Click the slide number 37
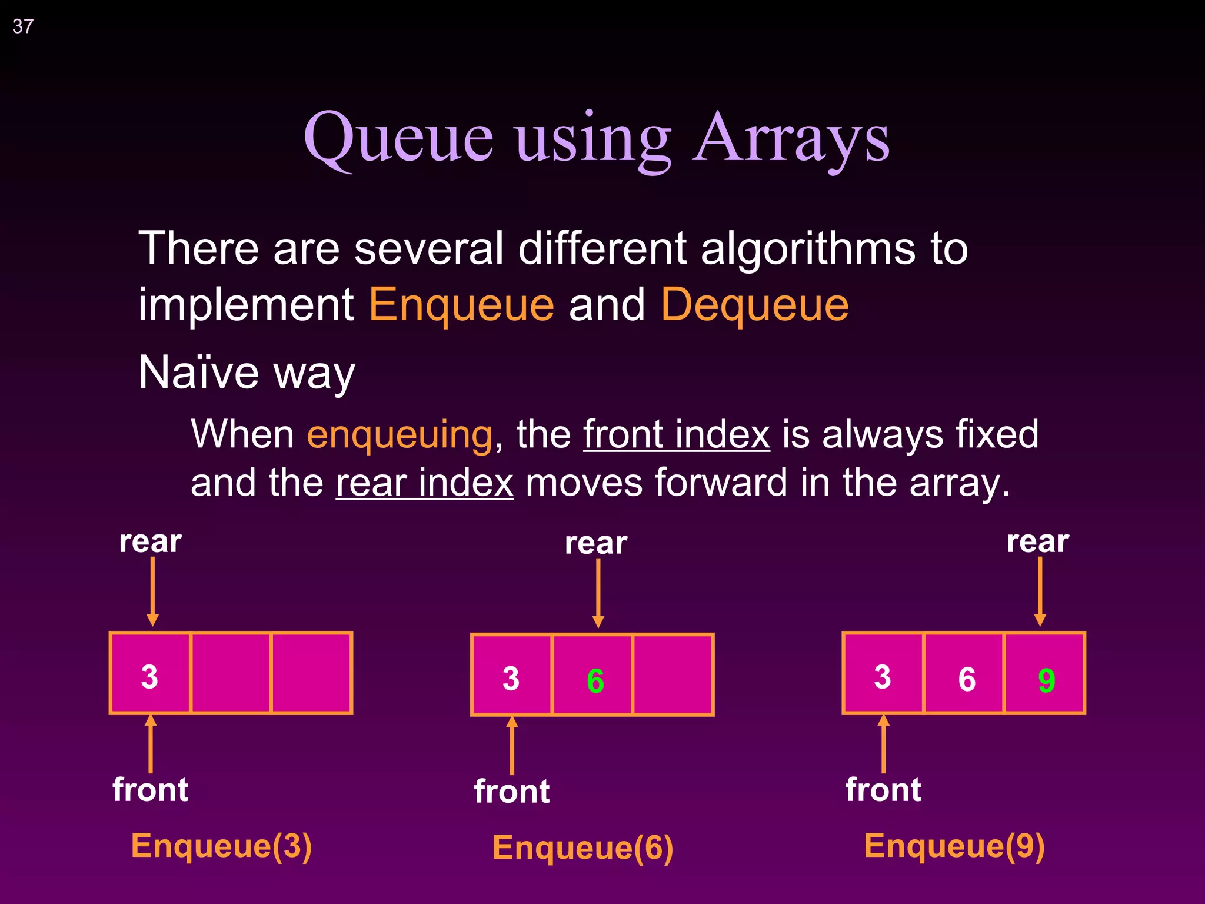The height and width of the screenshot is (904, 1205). pyautogui.click(x=23, y=26)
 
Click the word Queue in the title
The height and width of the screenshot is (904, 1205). pyautogui.click(x=398, y=139)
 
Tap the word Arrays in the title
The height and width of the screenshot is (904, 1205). pyautogui.click(x=791, y=139)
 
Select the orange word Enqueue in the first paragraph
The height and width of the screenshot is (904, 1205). pyautogui.click(x=461, y=305)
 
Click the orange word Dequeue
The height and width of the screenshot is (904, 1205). pyautogui.click(x=755, y=305)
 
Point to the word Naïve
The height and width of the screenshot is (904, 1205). pyautogui.click(x=198, y=373)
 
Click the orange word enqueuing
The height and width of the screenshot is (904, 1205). pyautogui.click(x=400, y=434)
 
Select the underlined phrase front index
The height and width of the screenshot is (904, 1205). pyautogui.click(x=677, y=434)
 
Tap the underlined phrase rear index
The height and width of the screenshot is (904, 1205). pyautogui.click(x=424, y=483)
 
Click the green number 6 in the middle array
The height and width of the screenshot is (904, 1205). pyautogui.click(x=595, y=680)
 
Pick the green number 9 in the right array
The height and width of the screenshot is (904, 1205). pyautogui.click(x=1046, y=680)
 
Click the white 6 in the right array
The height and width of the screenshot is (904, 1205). pyautogui.click(x=967, y=679)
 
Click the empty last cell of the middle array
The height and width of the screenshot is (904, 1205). pyautogui.click(x=673, y=675)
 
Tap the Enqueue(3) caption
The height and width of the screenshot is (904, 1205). pyautogui.click(x=221, y=846)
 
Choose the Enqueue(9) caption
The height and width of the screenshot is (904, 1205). pyautogui.click(x=954, y=846)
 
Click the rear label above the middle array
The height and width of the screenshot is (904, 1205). pyautogui.click(x=596, y=543)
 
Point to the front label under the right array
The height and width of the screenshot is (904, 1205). pyautogui.click(x=883, y=789)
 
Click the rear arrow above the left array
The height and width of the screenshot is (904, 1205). pyautogui.click(x=152, y=591)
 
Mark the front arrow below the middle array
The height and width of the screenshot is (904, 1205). pyautogui.click(x=512, y=745)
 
